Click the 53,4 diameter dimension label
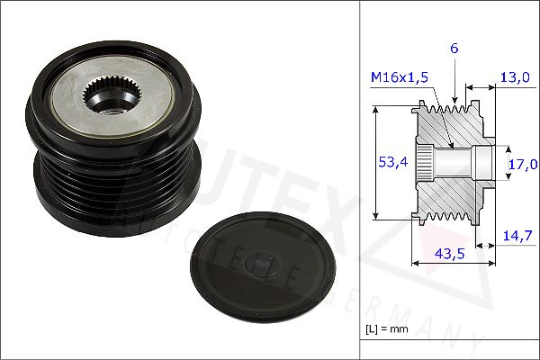coord(387,162)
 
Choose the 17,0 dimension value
coord(521,164)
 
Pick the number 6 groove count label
coord(455,49)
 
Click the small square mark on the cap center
coord(262,264)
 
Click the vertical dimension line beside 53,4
coord(374,162)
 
